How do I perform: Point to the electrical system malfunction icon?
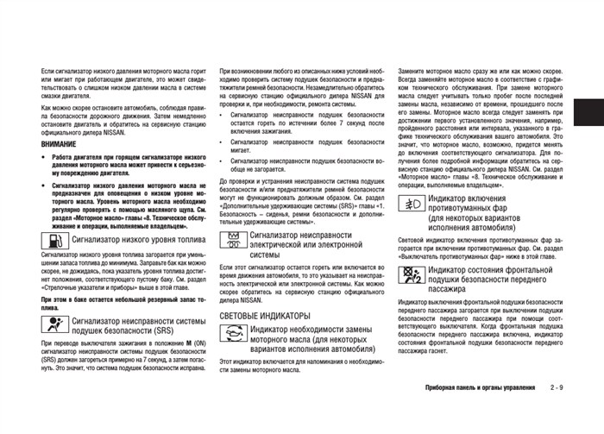[x=233, y=239]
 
